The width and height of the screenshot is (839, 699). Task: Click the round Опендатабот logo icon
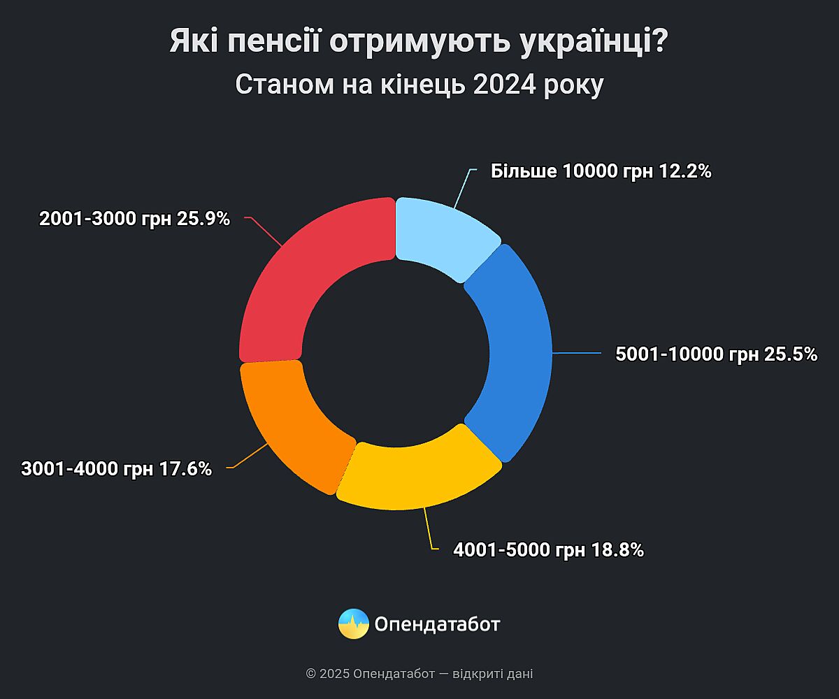[x=354, y=624]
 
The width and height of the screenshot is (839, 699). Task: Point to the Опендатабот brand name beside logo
[x=438, y=624]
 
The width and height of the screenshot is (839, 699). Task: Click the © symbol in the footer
[x=311, y=675]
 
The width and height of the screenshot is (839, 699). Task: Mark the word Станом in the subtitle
[x=280, y=85]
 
